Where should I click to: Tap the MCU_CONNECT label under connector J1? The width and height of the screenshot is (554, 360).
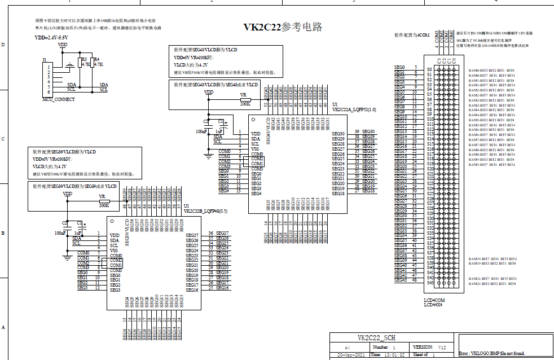coord(58,99)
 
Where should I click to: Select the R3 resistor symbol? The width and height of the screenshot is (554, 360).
coord(82,64)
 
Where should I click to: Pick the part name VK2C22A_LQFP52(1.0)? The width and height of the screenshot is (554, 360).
coord(354,109)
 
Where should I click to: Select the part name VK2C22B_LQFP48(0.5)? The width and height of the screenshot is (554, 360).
coord(205,210)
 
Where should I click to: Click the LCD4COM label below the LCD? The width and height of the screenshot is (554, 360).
coord(434,300)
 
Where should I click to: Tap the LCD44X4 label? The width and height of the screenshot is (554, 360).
coord(433,305)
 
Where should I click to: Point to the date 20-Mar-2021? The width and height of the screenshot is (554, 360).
coord(350,355)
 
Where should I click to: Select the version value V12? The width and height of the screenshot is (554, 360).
coord(442,347)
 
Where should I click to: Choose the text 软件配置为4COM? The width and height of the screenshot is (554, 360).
coord(412,35)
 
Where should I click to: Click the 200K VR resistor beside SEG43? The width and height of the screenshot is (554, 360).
coord(245,100)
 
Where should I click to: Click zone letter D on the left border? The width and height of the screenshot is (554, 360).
coord(3,45)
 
